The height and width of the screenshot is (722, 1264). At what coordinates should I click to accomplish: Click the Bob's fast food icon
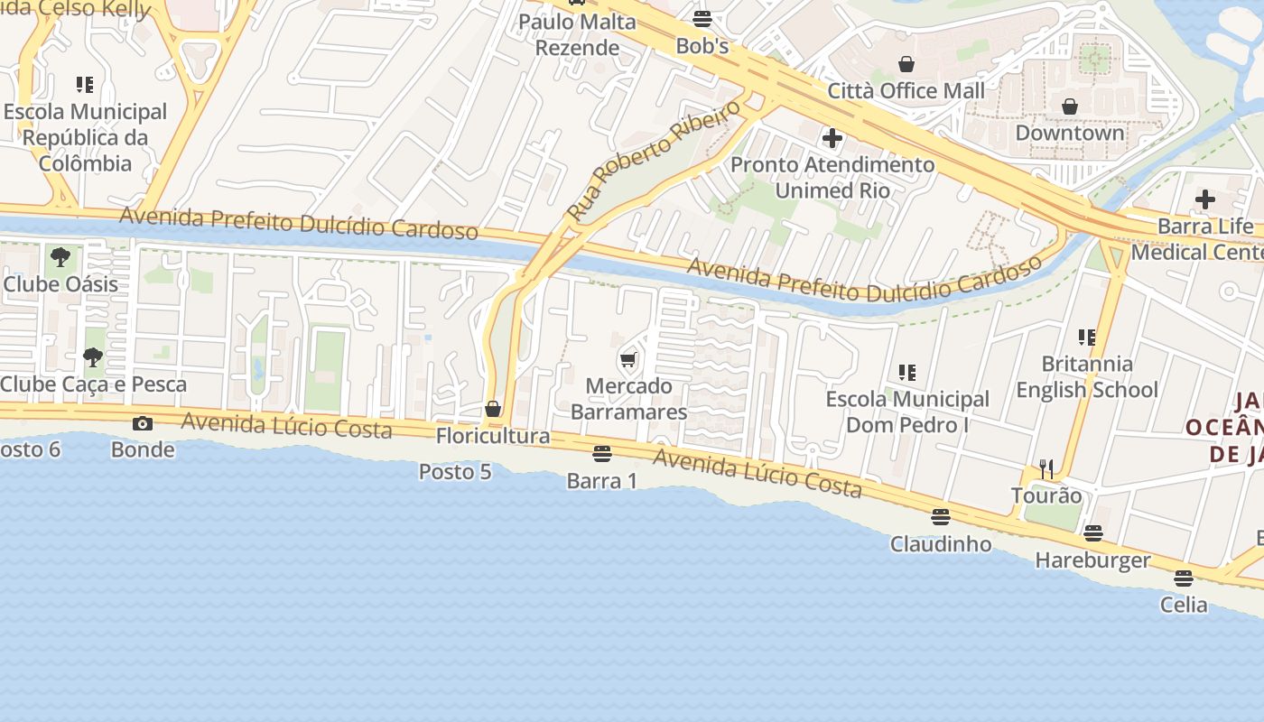[702, 18]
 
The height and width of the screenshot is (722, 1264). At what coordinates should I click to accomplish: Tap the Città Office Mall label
[906, 90]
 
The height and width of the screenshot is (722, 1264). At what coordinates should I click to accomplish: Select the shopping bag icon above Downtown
[1070, 106]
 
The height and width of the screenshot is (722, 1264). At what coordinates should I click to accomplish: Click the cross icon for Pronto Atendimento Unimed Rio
[832, 138]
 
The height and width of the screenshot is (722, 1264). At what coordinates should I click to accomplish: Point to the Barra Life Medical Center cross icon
[1204, 199]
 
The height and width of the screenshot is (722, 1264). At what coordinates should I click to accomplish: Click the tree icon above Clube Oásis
[60, 257]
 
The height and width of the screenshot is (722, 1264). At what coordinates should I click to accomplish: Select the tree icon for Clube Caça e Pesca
[92, 357]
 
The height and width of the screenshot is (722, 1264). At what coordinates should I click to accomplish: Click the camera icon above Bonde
[143, 423]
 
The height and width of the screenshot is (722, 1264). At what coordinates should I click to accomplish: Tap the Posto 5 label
[455, 471]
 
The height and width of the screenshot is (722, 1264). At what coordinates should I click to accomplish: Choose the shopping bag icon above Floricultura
[493, 409]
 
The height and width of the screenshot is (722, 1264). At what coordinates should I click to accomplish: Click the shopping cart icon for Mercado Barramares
[628, 360]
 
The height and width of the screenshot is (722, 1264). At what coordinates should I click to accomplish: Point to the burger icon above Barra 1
[602, 453]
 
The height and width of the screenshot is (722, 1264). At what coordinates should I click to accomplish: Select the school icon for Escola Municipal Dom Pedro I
[907, 372]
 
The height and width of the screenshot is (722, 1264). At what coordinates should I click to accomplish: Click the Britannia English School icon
[1087, 338]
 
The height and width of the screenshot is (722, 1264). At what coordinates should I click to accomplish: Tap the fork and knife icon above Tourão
[1046, 468]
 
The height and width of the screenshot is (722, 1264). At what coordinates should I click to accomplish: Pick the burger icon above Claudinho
[941, 517]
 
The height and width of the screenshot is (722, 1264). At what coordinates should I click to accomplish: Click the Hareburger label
[1092, 560]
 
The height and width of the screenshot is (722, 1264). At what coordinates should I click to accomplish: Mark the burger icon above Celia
[1184, 578]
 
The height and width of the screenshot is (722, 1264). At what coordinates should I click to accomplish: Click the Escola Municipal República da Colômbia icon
[85, 86]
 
